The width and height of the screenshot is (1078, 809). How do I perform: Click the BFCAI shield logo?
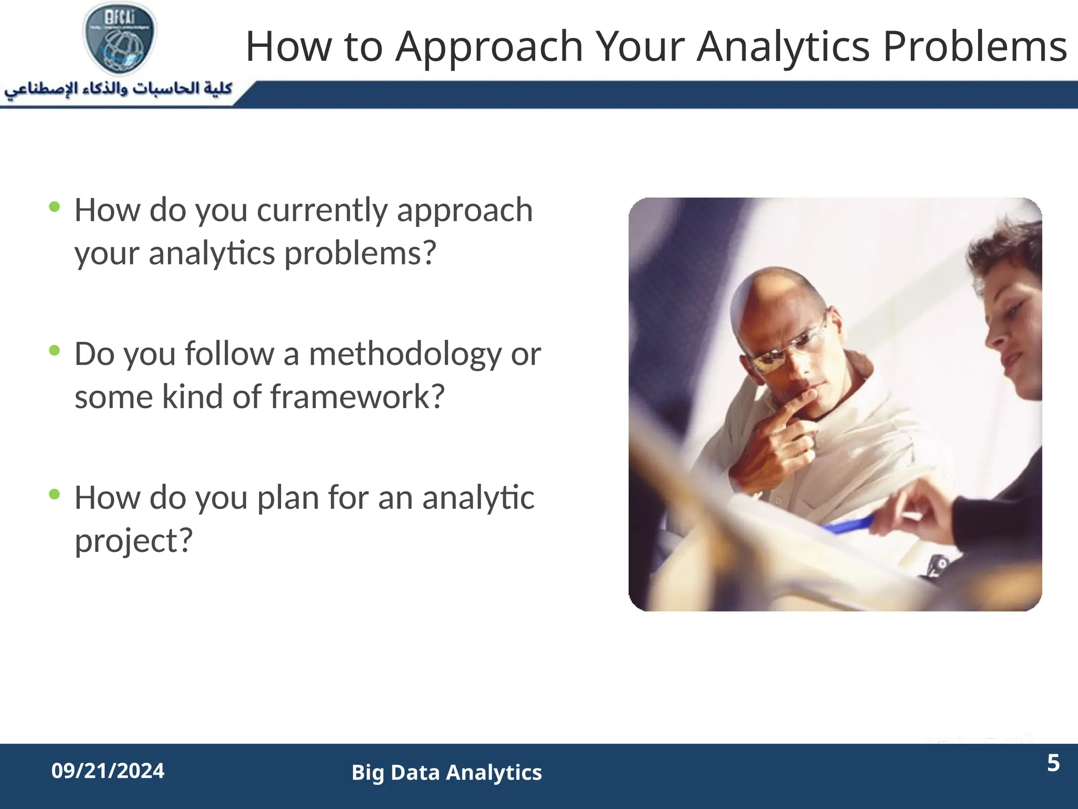click(x=120, y=38)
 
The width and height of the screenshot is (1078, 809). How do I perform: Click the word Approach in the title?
click(x=489, y=47)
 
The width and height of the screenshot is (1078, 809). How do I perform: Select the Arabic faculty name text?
click(x=118, y=88)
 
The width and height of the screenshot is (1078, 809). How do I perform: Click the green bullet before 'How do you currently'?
click(x=54, y=207)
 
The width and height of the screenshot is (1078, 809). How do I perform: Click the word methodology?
click(x=405, y=354)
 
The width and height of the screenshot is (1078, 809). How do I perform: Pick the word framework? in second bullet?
click(x=357, y=397)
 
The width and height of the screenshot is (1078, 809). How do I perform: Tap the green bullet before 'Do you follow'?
click(x=54, y=350)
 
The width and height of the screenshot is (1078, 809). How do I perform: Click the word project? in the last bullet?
click(x=134, y=541)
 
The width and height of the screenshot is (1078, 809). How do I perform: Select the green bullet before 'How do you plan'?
click(x=54, y=494)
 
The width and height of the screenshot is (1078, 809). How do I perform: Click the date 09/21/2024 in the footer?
click(x=108, y=771)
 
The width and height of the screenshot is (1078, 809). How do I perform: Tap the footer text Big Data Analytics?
click(x=446, y=773)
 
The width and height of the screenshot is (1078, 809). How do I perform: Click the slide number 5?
click(x=1053, y=763)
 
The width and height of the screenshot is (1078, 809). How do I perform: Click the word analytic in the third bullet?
click(x=478, y=498)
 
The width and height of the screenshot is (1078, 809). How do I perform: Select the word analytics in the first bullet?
click(x=212, y=254)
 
